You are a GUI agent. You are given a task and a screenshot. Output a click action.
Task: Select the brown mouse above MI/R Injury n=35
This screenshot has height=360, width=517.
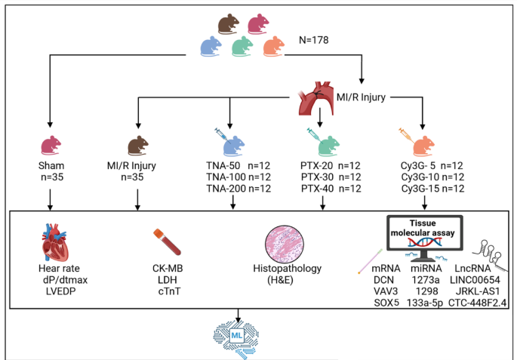point(138,144)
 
